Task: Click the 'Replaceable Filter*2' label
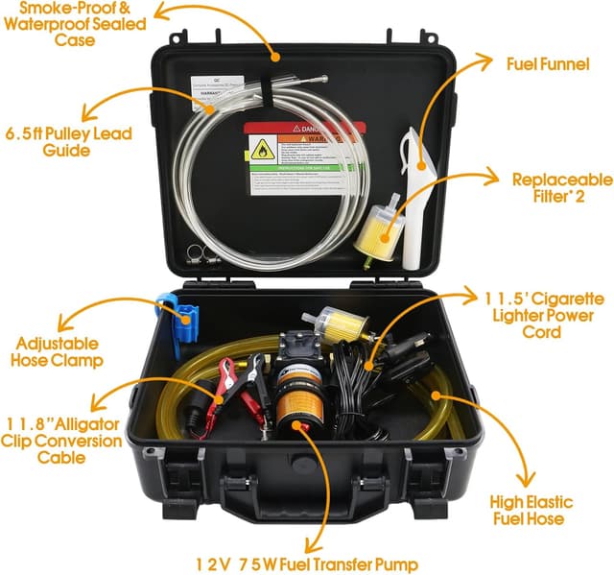pyautogui.click(x=560, y=187)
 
